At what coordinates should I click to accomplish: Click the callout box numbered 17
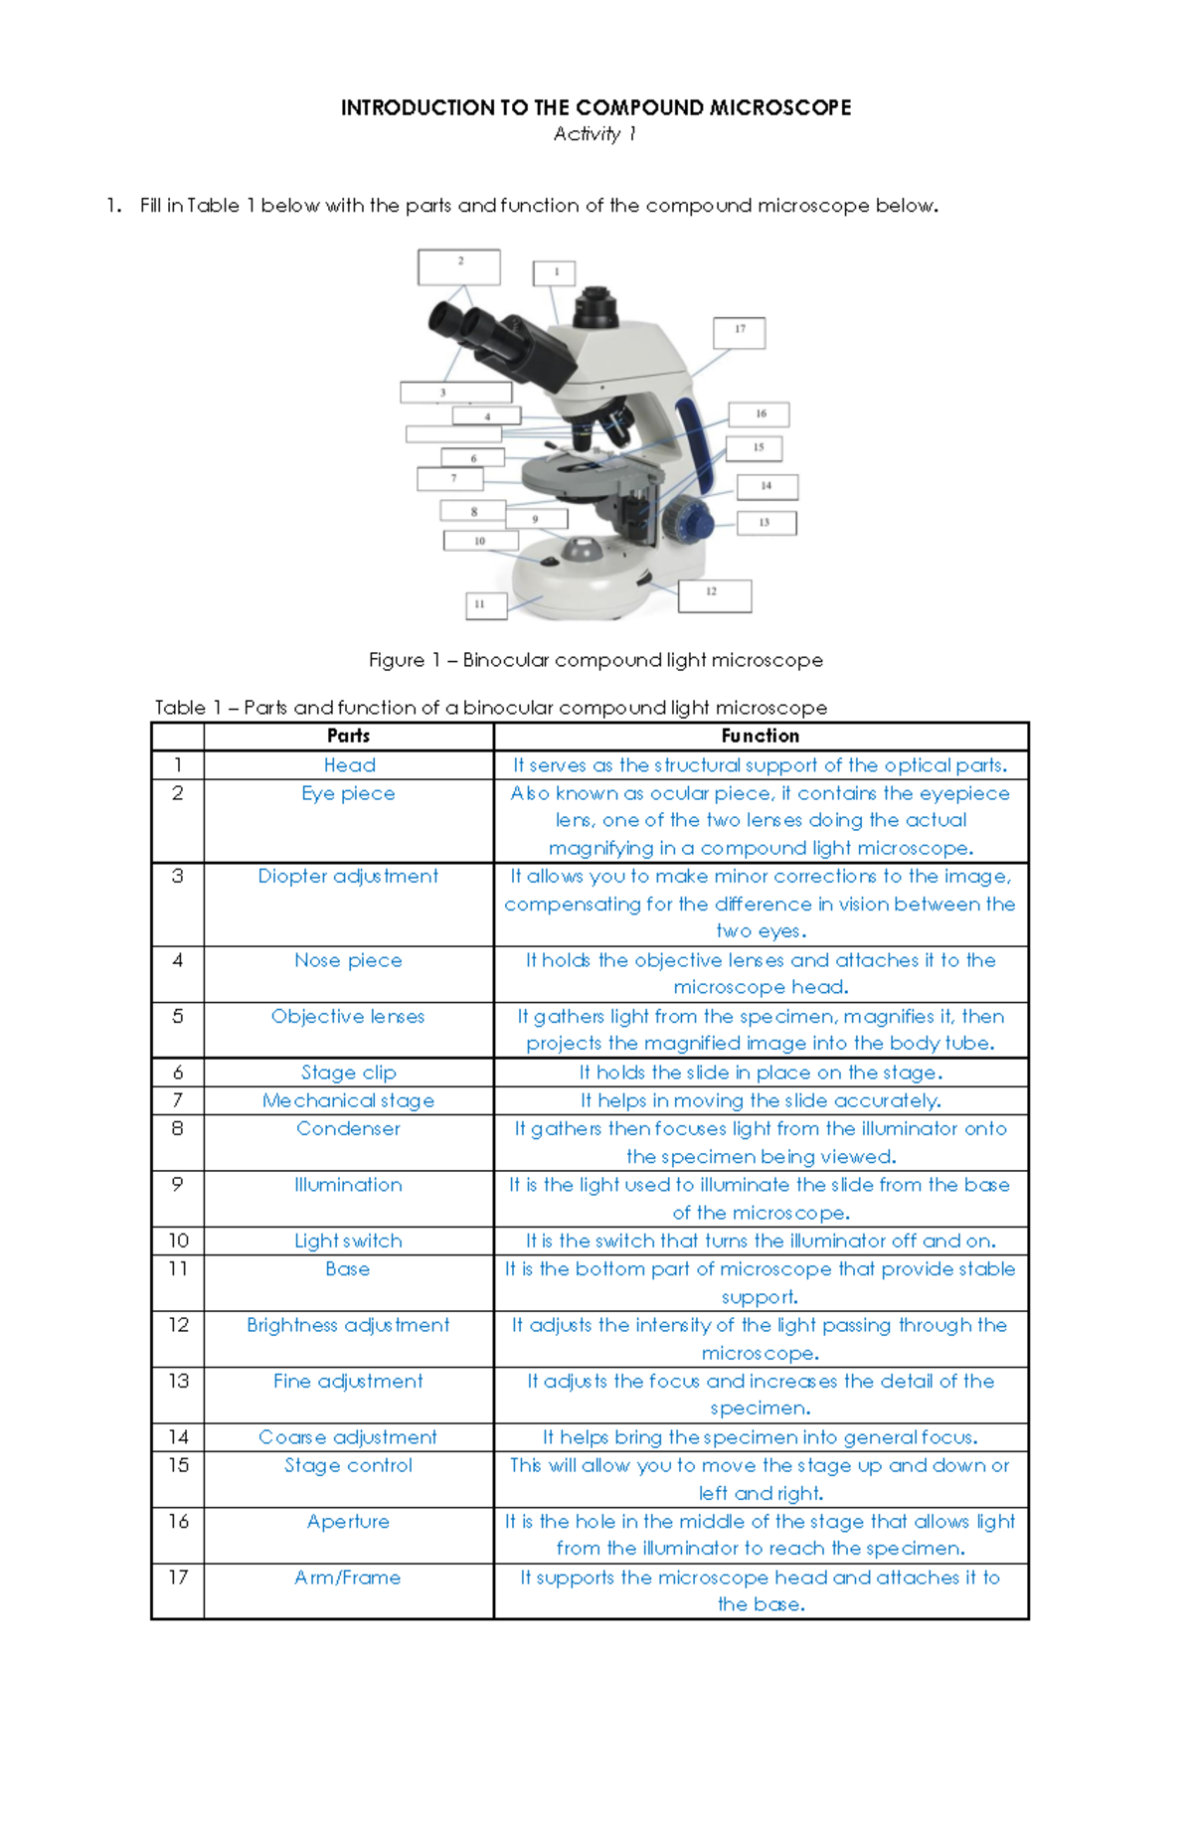point(740,332)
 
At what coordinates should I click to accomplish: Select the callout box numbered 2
point(459,266)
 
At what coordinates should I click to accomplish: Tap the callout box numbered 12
point(714,595)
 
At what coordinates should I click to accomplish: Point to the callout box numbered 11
point(486,604)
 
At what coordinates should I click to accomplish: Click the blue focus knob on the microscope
point(689,519)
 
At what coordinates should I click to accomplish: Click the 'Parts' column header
point(348,736)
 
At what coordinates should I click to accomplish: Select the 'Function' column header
point(761,736)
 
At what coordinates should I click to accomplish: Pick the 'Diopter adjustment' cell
point(348,876)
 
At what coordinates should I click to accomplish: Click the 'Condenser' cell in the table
point(348,1128)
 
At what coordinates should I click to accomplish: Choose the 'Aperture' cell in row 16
point(348,1521)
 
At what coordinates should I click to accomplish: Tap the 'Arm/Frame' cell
point(348,1577)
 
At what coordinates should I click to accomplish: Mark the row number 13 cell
point(178,1381)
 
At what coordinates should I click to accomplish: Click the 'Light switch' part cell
point(348,1241)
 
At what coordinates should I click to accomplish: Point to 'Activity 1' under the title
point(595,134)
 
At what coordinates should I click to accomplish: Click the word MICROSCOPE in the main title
point(780,107)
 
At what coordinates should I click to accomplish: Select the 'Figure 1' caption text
point(595,660)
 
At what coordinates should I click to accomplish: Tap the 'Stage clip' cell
point(348,1073)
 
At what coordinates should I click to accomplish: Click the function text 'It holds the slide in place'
point(761,1073)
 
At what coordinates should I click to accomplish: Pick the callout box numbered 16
point(760,415)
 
